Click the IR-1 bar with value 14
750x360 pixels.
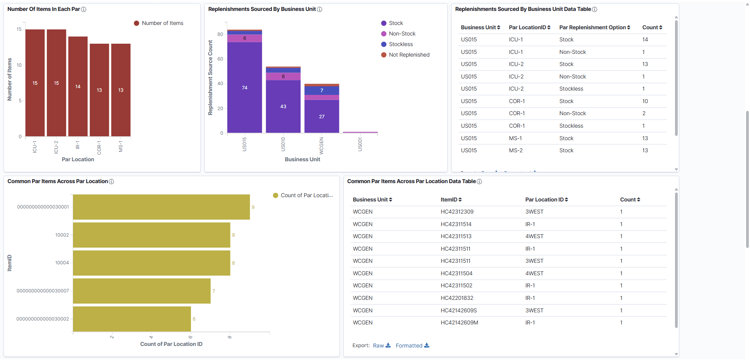pos(78,87)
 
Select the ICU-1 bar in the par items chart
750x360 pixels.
pos(35,83)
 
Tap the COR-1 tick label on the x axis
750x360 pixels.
pos(99,148)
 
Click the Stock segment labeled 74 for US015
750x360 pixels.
pos(245,87)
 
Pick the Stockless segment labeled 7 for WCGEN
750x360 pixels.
pos(321,91)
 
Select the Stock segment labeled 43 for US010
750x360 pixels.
pos(283,106)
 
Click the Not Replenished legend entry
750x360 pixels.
pos(409,55)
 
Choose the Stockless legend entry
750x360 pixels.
pos(400,44)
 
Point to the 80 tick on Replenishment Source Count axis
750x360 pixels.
pos(220,34)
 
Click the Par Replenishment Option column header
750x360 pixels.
pos(594,27)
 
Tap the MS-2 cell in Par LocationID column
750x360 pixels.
pos(516,150)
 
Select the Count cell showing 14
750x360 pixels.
pos(645,39)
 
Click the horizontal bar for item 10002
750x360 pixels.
pos(152,235)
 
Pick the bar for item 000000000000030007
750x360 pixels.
pos(141,291)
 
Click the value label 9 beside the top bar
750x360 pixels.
pos(253,207)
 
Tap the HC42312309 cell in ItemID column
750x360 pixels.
pos(457,212)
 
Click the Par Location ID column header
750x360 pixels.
pos(546,200)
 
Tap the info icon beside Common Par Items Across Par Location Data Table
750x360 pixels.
pos(479,182)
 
